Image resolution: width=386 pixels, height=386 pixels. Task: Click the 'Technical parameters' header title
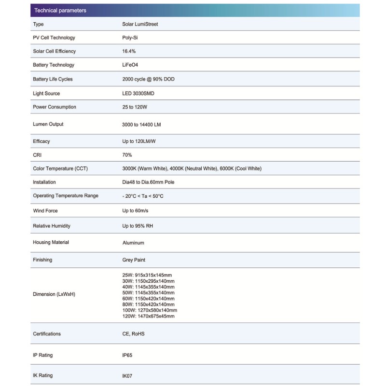[60, 11]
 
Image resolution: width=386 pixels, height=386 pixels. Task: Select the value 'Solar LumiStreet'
[140, 24]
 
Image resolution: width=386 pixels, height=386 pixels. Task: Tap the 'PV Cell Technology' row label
[54, 38]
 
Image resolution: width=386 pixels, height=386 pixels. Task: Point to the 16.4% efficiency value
[129, 51]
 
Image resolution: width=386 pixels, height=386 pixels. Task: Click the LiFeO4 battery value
[131, 65]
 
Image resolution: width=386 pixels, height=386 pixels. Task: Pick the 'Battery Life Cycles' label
[53, 79]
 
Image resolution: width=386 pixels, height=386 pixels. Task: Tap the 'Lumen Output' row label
[48, 124]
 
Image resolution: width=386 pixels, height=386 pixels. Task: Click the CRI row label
[37, 155]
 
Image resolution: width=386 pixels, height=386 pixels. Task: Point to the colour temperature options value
[192, 168]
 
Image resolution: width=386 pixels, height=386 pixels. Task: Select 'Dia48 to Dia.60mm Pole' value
[149, 182]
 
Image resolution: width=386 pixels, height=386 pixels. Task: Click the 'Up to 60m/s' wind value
[136, 211]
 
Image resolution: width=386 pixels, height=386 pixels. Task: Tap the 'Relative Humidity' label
[52, 226]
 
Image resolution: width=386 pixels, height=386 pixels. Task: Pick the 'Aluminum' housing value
[134, 243]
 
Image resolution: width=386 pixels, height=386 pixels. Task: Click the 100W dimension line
[150, 310]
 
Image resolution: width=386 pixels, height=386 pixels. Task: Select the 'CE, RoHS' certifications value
[134, 334]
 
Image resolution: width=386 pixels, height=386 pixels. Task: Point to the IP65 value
[127, 355]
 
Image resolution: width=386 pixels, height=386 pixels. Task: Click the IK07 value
[127, 375]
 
